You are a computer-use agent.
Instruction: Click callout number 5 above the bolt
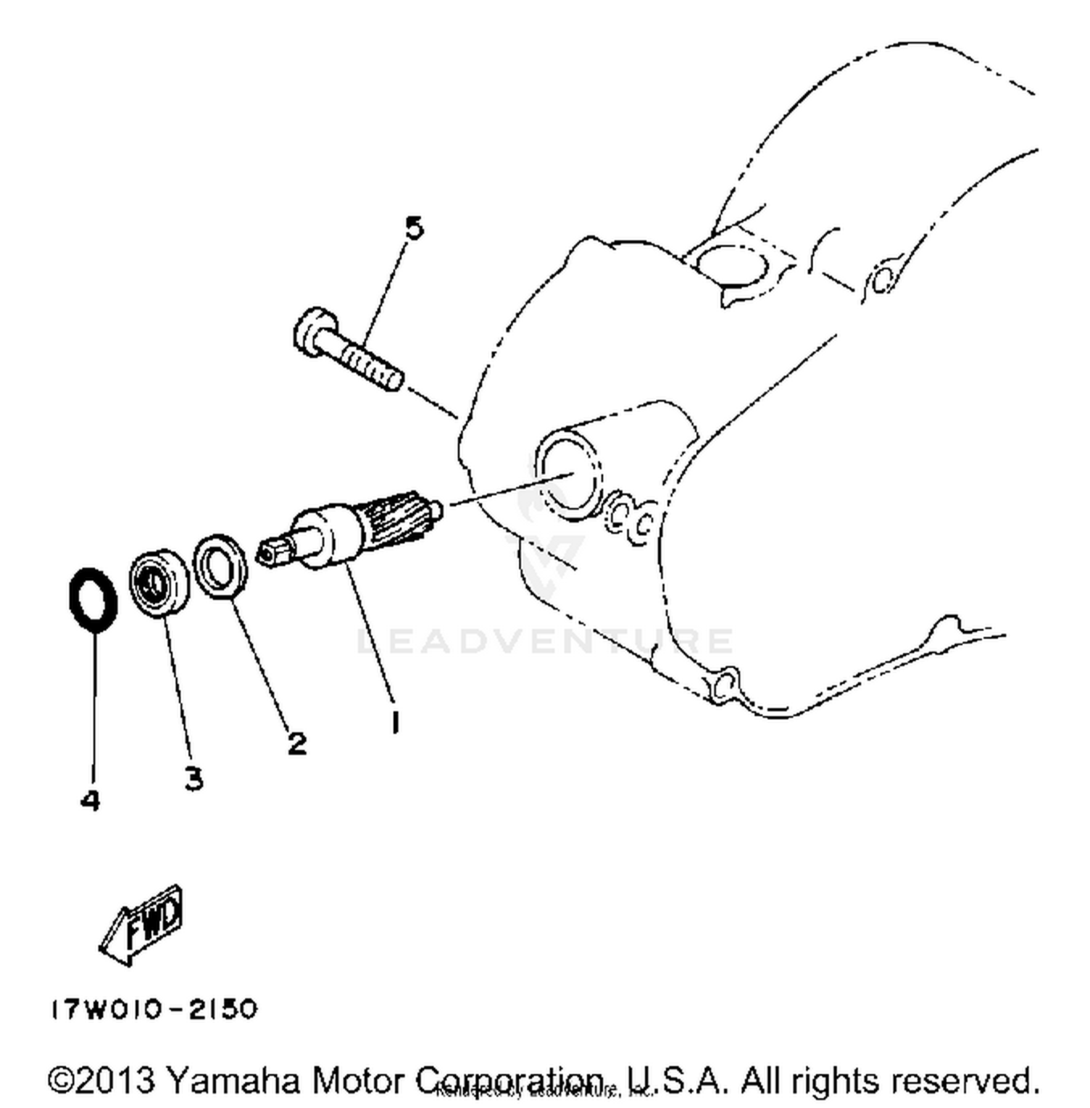[413, 228]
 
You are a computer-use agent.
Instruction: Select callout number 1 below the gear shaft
[395, 722]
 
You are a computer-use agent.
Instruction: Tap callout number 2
[296, 743]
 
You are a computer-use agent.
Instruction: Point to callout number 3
[193, 779]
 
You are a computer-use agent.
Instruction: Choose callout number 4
[89, 800]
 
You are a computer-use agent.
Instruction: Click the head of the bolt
[315, 332]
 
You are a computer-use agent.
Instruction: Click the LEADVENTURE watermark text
[545, 641]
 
